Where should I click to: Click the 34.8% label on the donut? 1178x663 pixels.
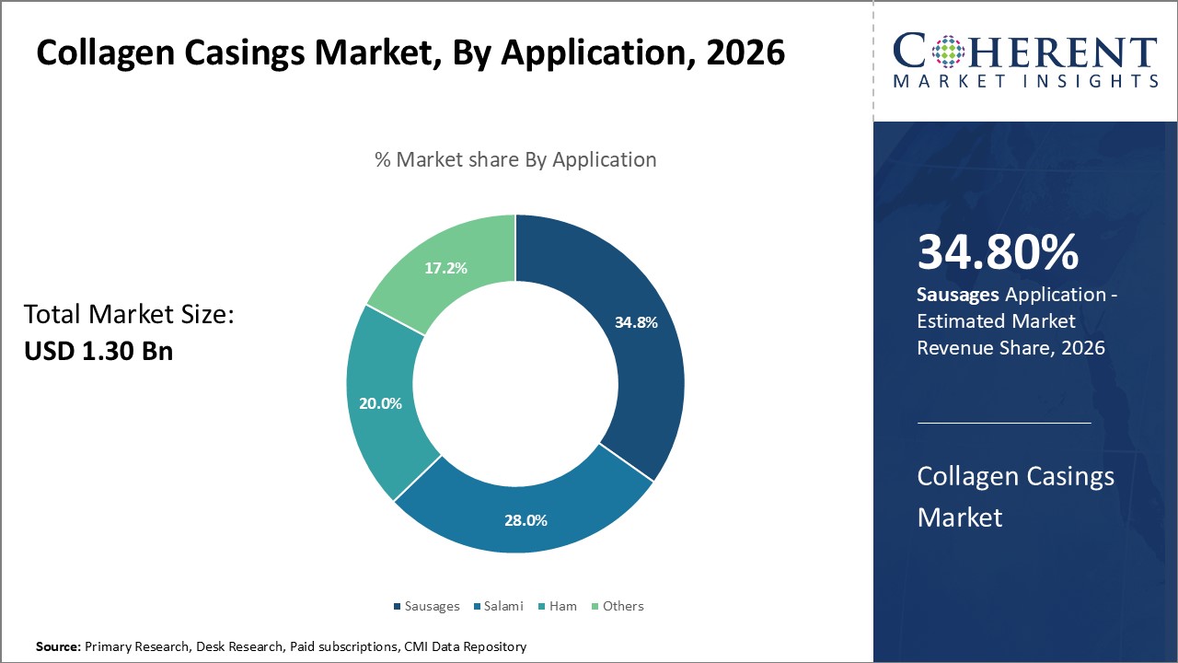[x=635, y=322]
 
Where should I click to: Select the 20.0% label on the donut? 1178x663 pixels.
[x=379, y=403]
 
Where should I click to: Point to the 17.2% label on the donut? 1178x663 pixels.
[x=445, y=268]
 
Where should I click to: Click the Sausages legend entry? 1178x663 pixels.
[x=426, y=606]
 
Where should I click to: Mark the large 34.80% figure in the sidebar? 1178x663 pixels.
[x=998, y=252]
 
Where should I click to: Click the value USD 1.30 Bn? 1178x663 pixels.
[x=98, y=351]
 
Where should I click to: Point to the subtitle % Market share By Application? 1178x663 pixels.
[x=515, y=159]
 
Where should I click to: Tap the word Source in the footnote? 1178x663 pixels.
[x=57, y=647]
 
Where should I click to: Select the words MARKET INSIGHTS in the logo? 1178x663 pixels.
[x=1025, y=81]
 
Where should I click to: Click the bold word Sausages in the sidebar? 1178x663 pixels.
[x=958, y=295]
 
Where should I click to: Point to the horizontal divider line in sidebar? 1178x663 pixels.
[x=1004, y=423]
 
